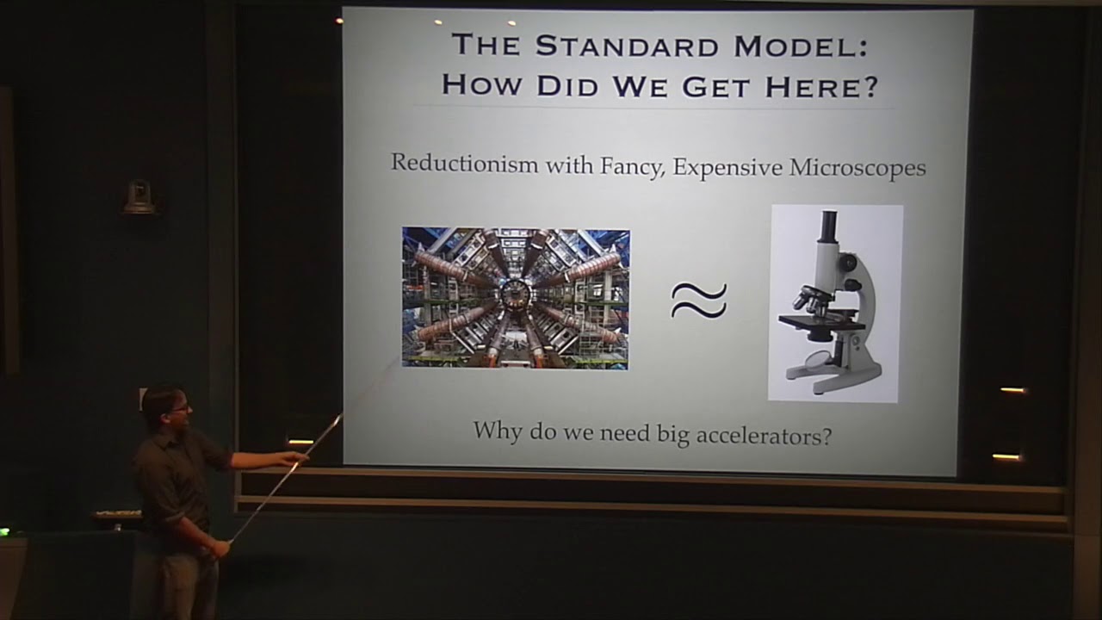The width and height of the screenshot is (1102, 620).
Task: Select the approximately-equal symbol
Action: [x=699, y=301]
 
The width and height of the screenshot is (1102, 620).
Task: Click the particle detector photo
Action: [x=516, y=298]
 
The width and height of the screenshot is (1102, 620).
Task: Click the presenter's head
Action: [x=164, y=407]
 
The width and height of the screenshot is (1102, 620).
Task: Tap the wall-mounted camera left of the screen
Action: [x=138, y=197]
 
